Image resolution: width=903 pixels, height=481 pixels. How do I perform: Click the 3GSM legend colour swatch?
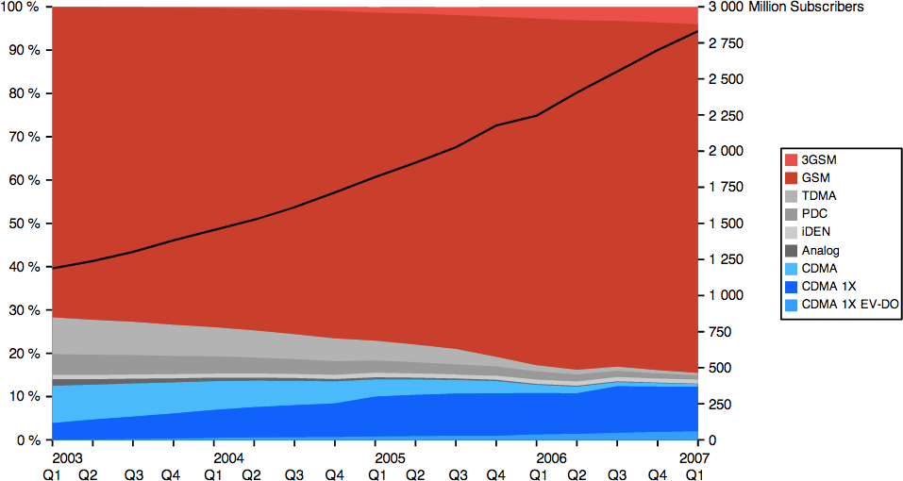pyautogui.click(x=791, y=159)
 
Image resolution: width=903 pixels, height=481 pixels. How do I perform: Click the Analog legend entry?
pyautogui.click(x=820, y=251)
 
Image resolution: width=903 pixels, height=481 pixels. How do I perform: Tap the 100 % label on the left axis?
pyautogui.click(x=20, y=7)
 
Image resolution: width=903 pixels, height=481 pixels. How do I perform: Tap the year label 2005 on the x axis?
pyautogui.click(x=376, y=457)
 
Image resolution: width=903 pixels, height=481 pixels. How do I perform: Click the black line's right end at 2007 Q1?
pyautogui.click(x=697, y=31)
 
